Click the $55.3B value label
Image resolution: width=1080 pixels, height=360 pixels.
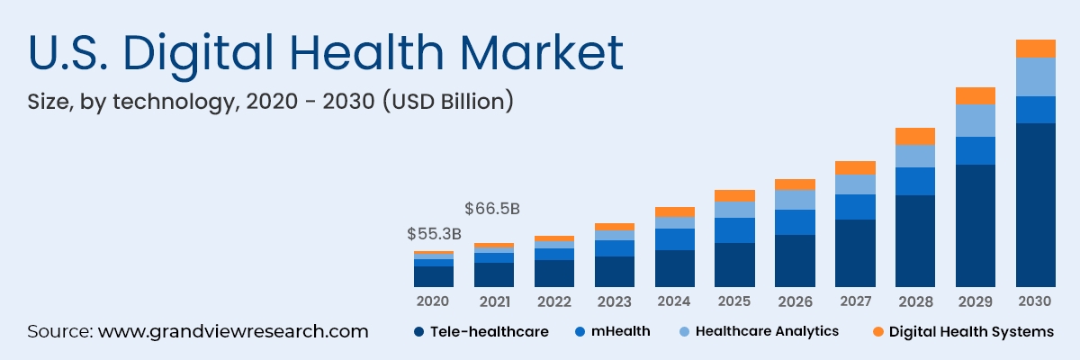point(434,234)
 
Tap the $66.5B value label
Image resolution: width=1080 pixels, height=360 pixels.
point(492,209)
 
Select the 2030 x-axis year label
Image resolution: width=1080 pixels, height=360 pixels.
point(1035,301)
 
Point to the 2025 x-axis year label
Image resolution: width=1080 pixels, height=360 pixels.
point(734,301)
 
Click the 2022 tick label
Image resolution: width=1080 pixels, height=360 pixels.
point(554,301)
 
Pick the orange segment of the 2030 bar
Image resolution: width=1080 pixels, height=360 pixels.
point(1035,49)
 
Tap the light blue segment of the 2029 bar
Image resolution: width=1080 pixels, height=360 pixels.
point(976,121)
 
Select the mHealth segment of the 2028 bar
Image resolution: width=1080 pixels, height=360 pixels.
point(915,181)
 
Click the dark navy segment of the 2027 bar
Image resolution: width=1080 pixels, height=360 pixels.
point(855,253)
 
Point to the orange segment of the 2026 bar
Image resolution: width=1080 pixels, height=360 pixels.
point(795,184)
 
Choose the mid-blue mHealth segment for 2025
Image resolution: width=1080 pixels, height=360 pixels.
point(734,230)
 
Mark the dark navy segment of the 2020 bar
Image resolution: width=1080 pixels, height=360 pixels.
point(434,276)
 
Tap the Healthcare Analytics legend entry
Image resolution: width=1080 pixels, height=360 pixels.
point(766,331)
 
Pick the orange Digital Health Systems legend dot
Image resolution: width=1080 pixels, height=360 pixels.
point(877,332)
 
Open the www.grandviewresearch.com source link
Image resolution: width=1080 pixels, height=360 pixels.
point(233,331)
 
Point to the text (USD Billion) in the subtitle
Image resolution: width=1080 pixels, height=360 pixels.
point(448,102)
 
